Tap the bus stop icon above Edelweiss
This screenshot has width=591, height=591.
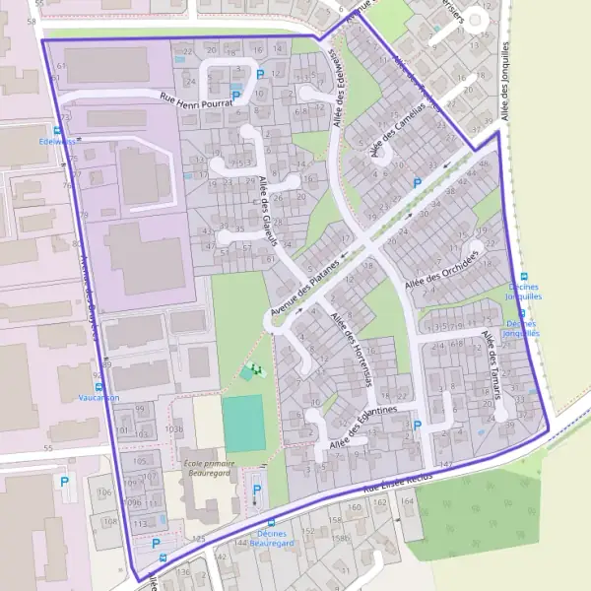tap(58, 130)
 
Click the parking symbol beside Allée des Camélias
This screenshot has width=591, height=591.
tap(417, 182)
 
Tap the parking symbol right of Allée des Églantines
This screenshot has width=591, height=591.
tap(417, 426)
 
